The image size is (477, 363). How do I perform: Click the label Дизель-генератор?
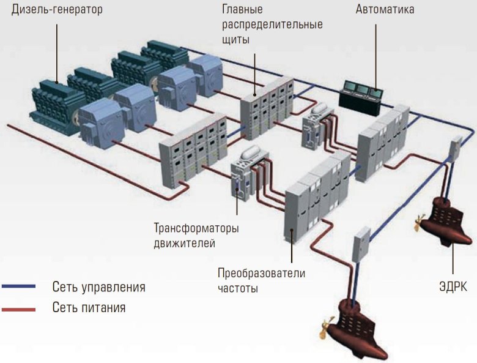pyautogui.click(x=57, y=10)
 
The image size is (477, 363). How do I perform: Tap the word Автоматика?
pyautogui.click(x=385, y=10)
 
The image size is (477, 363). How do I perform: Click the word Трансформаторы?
pyautogui.click(x=196, y=229)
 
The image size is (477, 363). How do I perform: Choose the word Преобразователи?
pyautogui.click(x=261, y=272)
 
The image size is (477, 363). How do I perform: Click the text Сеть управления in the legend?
pyautogui.click(x=98, y=286)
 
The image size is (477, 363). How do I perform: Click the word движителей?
pyautogui.click(x=185, y=244)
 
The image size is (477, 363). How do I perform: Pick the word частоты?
pyautogui.click(x=238, y=287)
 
